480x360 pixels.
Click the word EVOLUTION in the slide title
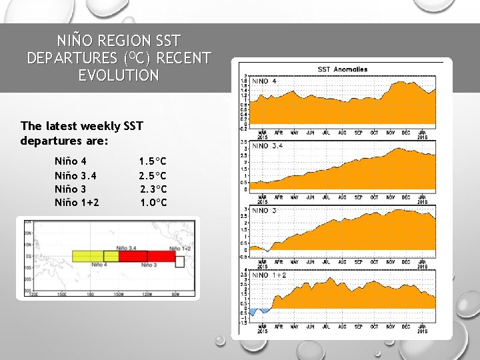pyautogui.click(x=118, y=75)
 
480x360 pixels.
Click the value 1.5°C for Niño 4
pyautogui.click(x=153, y=161)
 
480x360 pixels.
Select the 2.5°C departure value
pyautogui.click(x=153, y=175)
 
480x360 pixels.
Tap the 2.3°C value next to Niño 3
pyautogui.click(x=153, y=189)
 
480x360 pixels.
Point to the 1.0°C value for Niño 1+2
pyautogui.click(x=153, y=203)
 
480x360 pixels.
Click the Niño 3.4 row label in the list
pyautogui.click(x=75, y=175)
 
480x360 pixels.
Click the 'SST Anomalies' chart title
pyautogui.click(x=342, y=69)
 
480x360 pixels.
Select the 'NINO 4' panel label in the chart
pyautogui.click(x=265, y=81)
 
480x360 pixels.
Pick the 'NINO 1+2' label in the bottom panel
pyautogui.click(x=269, y=275)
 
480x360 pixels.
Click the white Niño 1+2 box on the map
pyautogui.click(x=179, y=261)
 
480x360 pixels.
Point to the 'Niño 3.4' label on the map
pyautogui.click(x=127, y=248)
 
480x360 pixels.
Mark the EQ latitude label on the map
pyautogui.click(x=28, y=255)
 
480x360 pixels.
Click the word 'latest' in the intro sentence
pyautogui.click(x=65, y=125)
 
